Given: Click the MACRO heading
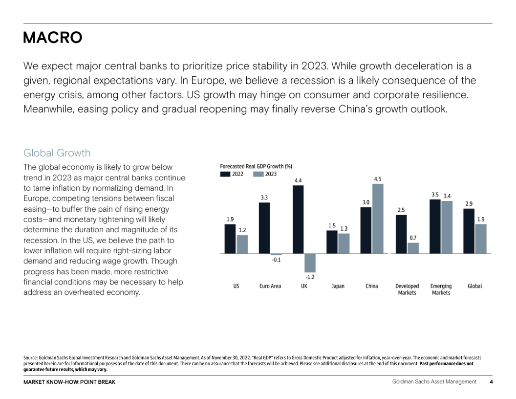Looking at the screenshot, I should pos(53,38).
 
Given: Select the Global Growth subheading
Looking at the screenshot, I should pos(57,153).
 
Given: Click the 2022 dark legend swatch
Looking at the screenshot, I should pos(225,174).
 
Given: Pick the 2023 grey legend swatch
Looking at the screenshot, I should pos(258,174).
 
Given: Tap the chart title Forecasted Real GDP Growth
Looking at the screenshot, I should pos(256,166).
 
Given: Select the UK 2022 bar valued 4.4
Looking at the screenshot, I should pos(298,219).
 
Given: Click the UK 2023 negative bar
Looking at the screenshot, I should pos(310,263).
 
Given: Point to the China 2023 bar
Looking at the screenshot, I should pos(378,219).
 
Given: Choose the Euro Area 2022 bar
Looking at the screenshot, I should pos(264,228).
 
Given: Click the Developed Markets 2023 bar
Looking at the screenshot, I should pos(413,248).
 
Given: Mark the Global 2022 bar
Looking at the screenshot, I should pos(469,231).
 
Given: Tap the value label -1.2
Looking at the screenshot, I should pos(310,277).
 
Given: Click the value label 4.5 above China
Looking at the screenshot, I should pos(378,179).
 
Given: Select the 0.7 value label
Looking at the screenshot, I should pos(413,238).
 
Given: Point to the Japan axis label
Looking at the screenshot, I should pos(338,286).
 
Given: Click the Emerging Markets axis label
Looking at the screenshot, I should pos(441,289).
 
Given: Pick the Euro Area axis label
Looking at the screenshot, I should pos(270,286).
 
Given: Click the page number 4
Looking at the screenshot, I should pos(491,382).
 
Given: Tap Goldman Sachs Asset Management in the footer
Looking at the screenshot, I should pos(434,382).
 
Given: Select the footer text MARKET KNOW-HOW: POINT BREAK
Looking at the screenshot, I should pos(69,382).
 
